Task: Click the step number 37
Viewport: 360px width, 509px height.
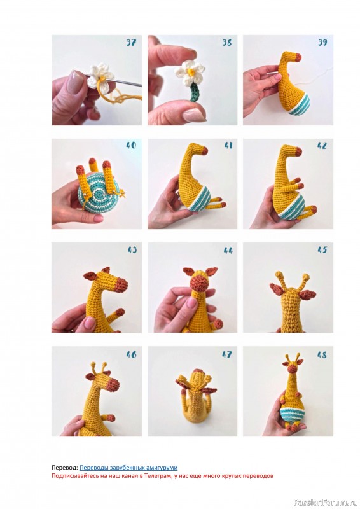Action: [x=131, y=43]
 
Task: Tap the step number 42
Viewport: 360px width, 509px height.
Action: [x=322, y=146]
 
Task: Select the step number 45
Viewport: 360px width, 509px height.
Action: [x=322, y=250]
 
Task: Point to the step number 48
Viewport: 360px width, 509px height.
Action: [x=322, y=355]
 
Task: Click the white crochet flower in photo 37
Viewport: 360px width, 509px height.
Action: [x=97, y=75]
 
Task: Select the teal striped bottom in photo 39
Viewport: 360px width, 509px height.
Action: [x=303, y=104]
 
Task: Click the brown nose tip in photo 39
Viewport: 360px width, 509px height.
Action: [x=297, y=58]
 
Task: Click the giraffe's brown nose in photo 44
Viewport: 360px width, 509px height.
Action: [x=199, y=283]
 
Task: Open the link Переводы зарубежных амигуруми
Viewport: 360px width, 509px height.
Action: [x=128, y=468]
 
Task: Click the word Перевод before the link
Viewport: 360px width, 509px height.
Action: [x=65, y=468]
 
